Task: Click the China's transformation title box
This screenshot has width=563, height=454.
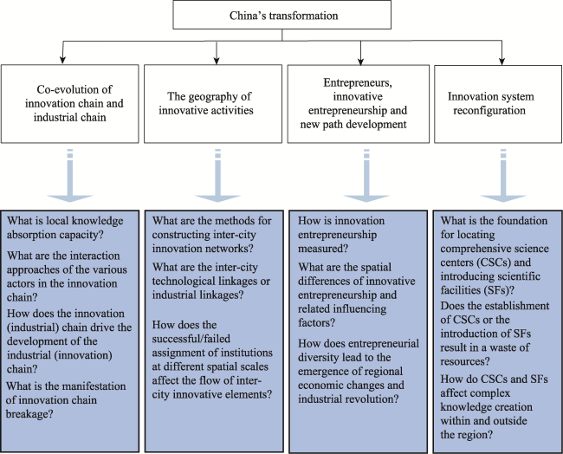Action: [x=281, y=15]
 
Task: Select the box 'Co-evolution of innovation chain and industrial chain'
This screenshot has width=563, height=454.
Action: [x=69, y=104]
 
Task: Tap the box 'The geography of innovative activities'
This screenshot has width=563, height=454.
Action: [x=213, y=104]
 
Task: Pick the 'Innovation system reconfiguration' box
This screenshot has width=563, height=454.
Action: [x=498, y=104]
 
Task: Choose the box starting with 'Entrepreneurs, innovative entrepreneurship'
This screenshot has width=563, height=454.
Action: [x=359, y=104]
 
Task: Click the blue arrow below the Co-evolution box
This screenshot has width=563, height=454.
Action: [x=70, y=176]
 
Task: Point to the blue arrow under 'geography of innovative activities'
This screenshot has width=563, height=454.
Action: [x=217, y=176]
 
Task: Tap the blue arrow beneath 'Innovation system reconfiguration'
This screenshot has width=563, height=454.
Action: [x=503, y=176]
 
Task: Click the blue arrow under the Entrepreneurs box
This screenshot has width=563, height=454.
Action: [x=366, y=176]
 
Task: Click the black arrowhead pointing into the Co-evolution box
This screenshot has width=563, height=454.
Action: [x=62, y=61]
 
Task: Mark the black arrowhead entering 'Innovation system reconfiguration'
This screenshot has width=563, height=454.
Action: [x=502, y=61]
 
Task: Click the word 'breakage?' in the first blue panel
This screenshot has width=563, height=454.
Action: [x=29, y=414]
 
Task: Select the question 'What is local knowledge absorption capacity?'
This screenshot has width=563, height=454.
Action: [x=65, y=227]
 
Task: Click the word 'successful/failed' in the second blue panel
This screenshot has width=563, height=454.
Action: [x=191, y=339]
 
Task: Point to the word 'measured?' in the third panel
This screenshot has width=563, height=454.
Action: [x=323, y=249]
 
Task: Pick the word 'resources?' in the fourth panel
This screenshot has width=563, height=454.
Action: [x=465, y=361]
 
